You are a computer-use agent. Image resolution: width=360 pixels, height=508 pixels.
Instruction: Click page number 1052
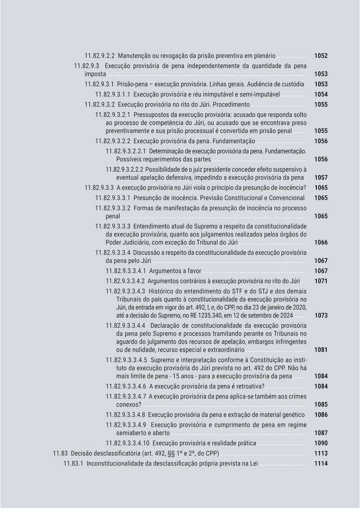pos(321,56)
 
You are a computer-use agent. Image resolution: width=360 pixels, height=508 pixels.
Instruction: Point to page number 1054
pos(321,95)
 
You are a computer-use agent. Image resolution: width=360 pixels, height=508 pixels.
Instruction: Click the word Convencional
pos(284,198)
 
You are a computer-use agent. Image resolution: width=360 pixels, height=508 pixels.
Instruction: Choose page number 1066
pos(321,242)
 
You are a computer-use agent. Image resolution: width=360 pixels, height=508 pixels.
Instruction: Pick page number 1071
pos(321,281)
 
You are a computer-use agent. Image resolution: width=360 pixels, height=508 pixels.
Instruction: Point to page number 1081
pos(321,349)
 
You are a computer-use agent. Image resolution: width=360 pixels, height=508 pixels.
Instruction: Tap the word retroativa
pos(249,386)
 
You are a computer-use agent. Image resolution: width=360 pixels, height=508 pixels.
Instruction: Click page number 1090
pos(321,443)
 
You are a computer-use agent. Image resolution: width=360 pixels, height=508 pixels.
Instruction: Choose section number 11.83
pos(60,454)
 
